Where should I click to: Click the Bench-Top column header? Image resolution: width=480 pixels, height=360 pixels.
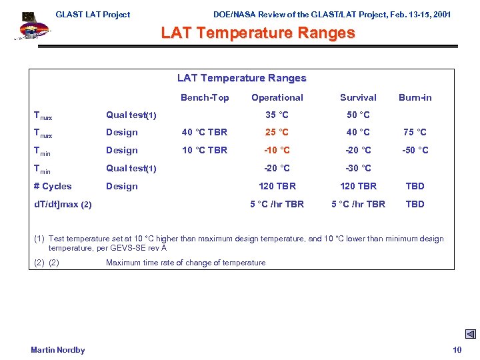click(205, 97)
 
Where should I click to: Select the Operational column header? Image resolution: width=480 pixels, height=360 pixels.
click(277, 97)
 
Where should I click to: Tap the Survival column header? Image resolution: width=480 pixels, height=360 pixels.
click(358, 97)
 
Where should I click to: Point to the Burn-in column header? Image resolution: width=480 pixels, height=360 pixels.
click(415, 97)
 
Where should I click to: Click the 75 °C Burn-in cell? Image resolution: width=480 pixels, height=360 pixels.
click(415, 133)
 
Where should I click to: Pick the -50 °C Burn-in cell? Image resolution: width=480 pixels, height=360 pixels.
click(415, 151)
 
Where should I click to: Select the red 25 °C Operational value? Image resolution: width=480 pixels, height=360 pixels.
click(277, 133)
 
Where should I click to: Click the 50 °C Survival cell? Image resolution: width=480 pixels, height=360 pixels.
click(358, 115)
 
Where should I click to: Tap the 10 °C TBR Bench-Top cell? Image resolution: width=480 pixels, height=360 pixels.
click(205, 151)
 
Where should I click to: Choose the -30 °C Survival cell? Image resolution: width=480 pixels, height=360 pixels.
click(358, 169)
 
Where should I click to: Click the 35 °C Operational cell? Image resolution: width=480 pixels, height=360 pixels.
click(277, 115)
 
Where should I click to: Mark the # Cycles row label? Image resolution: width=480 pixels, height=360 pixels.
click(53, 187)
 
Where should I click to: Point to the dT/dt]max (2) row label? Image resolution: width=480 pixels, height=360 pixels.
click(63, 205)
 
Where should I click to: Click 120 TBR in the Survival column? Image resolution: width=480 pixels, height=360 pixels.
click(358, 187)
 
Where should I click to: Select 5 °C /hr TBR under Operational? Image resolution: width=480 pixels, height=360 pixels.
click(277, 205)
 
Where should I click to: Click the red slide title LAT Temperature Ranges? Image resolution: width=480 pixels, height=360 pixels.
click(258, 33)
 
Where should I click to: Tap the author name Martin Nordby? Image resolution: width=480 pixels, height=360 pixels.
click(58, 350)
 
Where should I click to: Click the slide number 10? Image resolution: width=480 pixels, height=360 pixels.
click(457, 350)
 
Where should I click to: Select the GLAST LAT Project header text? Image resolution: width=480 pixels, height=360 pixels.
click(93, 15)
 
